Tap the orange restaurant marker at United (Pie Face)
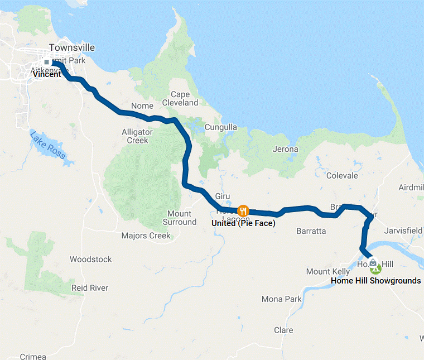243,210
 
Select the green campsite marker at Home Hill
376,269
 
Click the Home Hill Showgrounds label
375,281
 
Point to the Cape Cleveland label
180,99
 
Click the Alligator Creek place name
137,136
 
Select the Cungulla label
220,127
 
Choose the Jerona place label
285,149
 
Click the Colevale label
342,175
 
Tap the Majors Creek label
146,236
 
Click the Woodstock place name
90,259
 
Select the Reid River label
90,287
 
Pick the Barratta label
311,231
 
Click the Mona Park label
282,299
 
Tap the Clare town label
283,330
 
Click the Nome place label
142,106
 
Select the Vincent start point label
47,74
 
